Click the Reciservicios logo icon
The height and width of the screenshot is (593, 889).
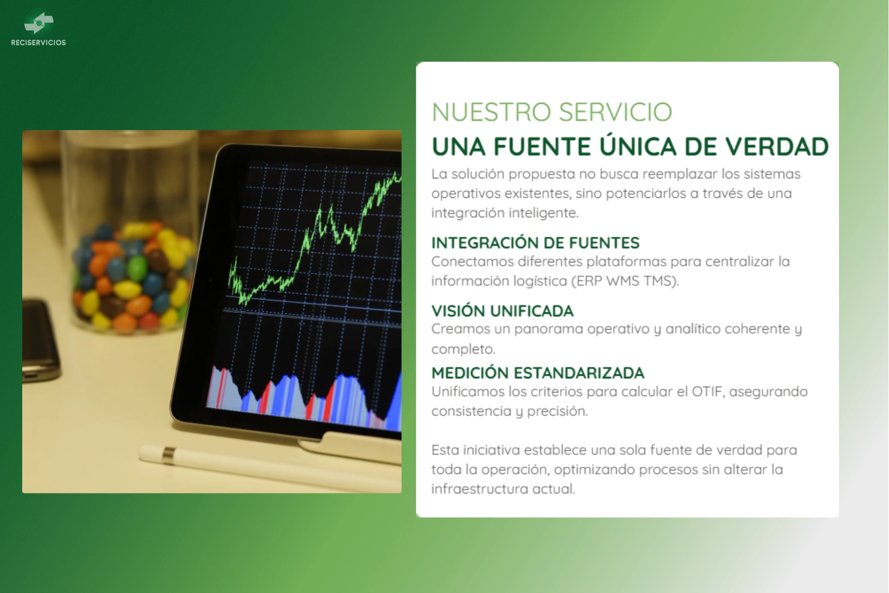38,23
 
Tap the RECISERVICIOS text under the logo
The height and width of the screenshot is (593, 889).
38,42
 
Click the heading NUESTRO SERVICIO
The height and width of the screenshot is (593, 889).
552,112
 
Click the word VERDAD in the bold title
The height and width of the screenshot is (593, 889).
777,147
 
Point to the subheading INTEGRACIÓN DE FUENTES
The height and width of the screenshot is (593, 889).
536,242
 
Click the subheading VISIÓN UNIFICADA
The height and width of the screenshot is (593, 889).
502,310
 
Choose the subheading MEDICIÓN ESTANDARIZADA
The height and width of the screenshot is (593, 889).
538,373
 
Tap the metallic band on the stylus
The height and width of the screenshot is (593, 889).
169,455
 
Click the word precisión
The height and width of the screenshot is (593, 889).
557,412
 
